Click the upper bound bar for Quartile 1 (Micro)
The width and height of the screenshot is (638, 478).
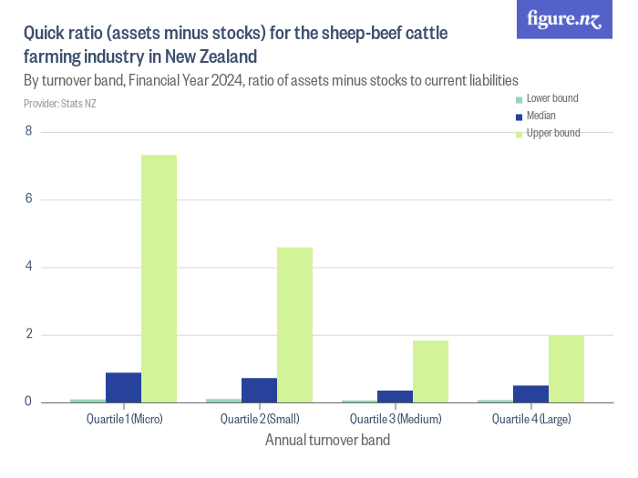click(x=159, y=279)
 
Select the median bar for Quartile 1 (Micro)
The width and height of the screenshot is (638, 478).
click(x=123, y=387)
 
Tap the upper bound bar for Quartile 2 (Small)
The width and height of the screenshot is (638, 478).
click(x=294, y=325)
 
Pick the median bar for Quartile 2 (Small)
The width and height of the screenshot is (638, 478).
click(x=259, y=390)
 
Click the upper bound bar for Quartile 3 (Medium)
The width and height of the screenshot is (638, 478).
click(x=430, y=371)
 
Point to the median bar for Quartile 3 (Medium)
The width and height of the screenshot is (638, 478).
click(x=395, y=396)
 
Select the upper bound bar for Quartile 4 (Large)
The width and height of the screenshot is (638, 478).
click(x=566, y=369)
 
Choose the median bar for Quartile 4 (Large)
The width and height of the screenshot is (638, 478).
click(x=530, y=393)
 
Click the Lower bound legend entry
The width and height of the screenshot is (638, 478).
click(x=551, y=98)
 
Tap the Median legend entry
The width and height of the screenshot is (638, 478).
click(x=540, y=116)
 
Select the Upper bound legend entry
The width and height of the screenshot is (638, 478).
click(x=552, y=133)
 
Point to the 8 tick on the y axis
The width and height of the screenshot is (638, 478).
click(x=28, y=132)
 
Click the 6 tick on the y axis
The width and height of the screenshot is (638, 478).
click(x=28, y=199)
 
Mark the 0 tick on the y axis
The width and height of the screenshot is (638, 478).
click(x=28, y=402)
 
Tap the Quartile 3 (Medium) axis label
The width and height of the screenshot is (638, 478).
click(x=396, y=420)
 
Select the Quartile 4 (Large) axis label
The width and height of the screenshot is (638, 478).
click(x=531, y=420)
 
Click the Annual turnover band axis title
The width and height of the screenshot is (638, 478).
click(x=327, y=441)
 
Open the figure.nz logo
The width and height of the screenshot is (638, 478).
click(x=564, y=20)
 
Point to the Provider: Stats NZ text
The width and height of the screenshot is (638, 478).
click(x=59, y=104)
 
